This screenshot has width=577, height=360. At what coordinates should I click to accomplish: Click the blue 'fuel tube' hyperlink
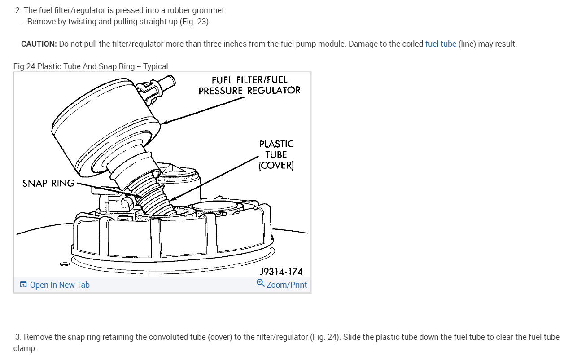(x=441, y=44)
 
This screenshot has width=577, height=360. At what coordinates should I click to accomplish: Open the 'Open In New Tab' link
(x=60, y=285)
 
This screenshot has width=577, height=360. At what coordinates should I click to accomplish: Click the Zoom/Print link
(x=287, y=285)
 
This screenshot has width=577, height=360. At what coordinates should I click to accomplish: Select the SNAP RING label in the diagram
(x=48, y=183)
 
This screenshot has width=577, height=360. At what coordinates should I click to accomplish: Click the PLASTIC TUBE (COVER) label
(x=276, y=155)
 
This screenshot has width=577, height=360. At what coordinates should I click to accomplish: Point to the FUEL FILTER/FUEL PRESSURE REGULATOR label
(x=249, y=85)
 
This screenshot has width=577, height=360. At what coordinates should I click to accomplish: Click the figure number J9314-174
(x=281, y=272)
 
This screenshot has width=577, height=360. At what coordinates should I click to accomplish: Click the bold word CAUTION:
(x=39, y=44)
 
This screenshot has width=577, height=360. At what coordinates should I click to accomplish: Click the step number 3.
(x=18, y=337)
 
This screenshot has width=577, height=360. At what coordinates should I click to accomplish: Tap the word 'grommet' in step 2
(x=209, y=10)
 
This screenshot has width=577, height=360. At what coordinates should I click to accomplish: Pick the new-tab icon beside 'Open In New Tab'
(x=23, y=285)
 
